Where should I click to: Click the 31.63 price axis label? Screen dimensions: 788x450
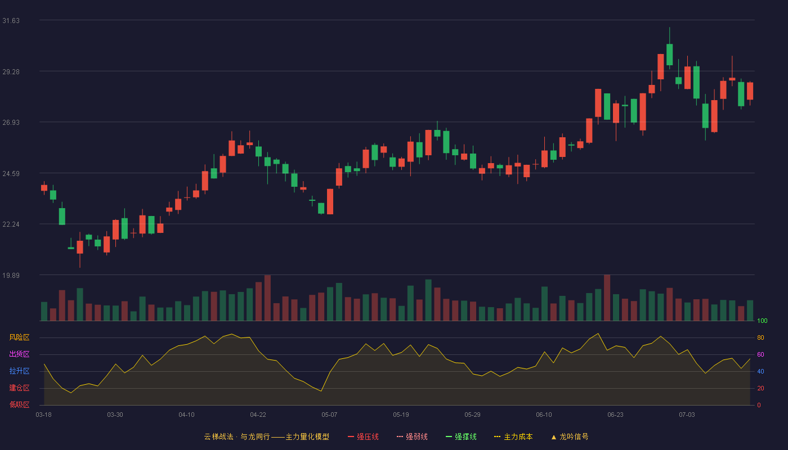(11, 21)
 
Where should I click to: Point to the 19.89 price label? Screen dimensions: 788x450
(11, 275)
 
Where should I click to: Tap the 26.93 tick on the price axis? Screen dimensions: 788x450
(11, 123)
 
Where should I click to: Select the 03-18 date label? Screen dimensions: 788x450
(44, 415)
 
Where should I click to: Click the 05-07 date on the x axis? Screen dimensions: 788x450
(329, 415)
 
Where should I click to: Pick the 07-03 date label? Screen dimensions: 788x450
(687, 415)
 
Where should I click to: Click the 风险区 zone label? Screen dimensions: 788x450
(19, 337)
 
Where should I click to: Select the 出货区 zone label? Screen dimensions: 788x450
(19, 354)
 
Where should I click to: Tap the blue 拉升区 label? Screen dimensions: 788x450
(19, 371)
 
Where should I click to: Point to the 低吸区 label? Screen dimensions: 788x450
(19, 404)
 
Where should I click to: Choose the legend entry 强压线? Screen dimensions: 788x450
(363, 436)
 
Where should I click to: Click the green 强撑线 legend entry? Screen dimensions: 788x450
(461, 436)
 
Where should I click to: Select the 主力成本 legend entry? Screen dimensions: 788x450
(513, 436)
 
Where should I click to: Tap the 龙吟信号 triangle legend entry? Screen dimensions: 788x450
(570, 436)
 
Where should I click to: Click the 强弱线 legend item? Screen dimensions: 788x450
(412, 436)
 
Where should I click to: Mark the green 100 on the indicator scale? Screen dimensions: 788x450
(762, 321)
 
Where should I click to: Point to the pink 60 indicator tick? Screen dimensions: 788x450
(760, 354)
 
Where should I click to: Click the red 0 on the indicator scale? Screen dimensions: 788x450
(759, 405)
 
